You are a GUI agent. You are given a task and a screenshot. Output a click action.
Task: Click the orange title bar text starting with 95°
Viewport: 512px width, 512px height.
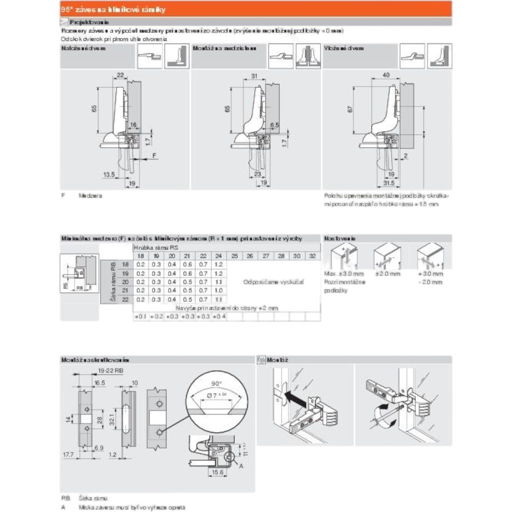pyautogui.click(x=113, y=9)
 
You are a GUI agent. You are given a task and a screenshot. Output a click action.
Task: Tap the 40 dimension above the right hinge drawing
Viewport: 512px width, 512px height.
pyautogui.click(x=385, y=75)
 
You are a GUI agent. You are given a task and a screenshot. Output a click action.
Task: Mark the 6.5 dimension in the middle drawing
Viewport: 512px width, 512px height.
pyautogui.click(x=274, y=125)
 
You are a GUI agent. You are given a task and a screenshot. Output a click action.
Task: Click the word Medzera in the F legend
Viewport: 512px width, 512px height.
pyautogui.click(x=90, y=196)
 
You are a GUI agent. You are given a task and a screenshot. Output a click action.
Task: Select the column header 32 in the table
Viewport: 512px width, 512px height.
pyautogui.click(x=313, y=255)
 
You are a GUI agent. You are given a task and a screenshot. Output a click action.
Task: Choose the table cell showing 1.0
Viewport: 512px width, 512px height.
pyautogui.click(x=218, y=290)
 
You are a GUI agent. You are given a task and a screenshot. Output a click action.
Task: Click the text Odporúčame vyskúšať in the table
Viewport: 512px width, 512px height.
pyautogui.click(x=274, y=282)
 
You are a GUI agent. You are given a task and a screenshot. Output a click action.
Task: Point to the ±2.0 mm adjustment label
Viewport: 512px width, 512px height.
pyautogui.click(x=388, y=273)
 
